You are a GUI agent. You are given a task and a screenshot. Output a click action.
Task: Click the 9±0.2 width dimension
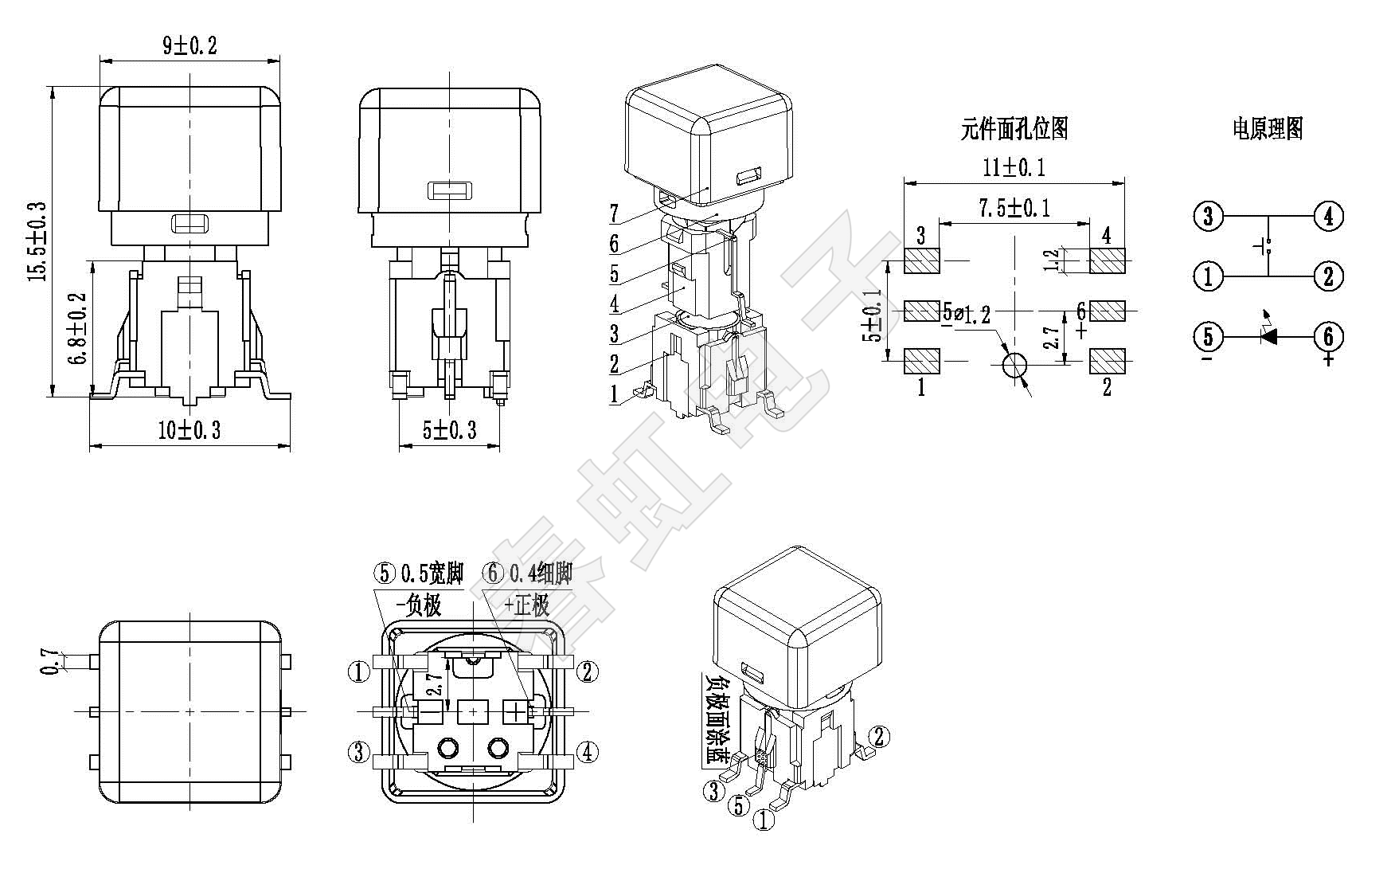click(190, 45)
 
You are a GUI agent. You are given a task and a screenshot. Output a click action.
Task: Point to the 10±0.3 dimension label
click(189, 431)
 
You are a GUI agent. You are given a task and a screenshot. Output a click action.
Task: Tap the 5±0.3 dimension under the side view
click(449, 431)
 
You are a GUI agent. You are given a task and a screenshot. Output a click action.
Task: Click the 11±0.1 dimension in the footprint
click(1014, 167)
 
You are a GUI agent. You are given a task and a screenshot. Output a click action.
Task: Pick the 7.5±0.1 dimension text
click(1014, 208)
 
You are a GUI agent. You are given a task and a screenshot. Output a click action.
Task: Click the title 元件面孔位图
click(1014, 128)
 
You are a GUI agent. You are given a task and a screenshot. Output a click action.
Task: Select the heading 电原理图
click(1268, 128)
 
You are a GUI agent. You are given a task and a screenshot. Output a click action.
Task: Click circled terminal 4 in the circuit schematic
click(1328, 216)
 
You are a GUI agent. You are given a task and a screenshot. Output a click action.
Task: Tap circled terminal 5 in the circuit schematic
click(1208, 337)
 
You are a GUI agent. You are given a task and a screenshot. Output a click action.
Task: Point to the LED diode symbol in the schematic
click(1268, 335)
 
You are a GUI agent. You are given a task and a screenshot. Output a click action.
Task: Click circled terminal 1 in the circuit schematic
click(1208, 276)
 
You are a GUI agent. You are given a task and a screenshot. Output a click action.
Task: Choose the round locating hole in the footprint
click(1014, 366)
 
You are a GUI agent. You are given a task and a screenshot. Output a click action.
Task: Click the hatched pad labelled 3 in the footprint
click(922, 260)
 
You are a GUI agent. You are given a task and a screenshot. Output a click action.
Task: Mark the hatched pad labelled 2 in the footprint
click(1107, 362)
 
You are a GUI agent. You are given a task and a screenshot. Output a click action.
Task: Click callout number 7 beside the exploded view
click(614, 213)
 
